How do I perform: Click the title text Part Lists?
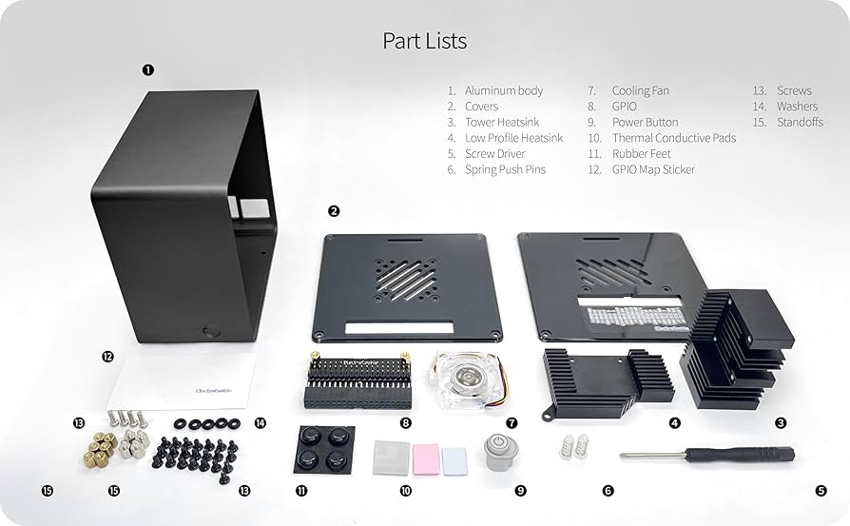[424, 41]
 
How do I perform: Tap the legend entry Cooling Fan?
[640, 90]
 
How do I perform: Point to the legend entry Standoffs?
[800, 122]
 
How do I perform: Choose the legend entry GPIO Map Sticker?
[653, 169]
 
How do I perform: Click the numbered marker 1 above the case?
[147, 69]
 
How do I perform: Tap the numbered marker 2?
[334, 211]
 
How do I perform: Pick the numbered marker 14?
[260, 423]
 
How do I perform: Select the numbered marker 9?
[520, 491]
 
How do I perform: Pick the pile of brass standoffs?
[98, 448]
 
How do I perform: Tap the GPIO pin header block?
[359, 382]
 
